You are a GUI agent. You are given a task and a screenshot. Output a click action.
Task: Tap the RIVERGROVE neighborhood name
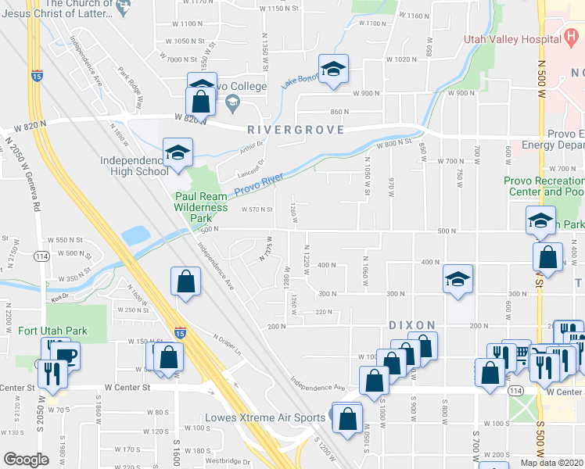[x=296, y=130]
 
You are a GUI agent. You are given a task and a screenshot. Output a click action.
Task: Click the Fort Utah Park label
[x=53, y=331]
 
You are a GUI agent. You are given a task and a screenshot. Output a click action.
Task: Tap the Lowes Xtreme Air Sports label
[x=264, y=417]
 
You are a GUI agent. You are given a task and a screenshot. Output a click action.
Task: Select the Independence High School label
[x=135, y=166]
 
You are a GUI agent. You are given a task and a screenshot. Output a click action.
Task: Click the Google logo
[x=26, y=459]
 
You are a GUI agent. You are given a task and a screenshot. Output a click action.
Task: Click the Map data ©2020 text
[x=551, y=463]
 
